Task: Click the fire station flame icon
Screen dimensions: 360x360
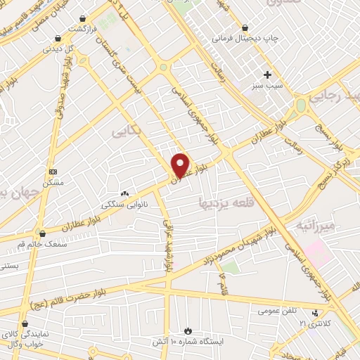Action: (x=187, y=331)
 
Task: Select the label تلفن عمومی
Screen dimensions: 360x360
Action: (x=278, y=310)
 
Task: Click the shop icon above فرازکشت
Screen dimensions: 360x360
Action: (x=84, y=18)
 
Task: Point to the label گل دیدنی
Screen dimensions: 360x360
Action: (x=58, y=49)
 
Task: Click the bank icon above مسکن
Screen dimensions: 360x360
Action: (x=53, y=172)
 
